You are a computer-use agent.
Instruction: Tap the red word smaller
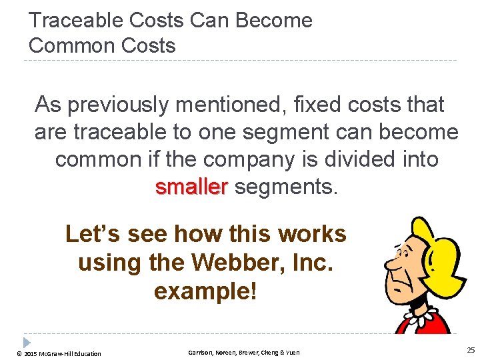pos(191,187)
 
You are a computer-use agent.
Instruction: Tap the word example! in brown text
pos(205,291)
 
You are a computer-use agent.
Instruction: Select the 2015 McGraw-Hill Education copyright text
pos(59,353)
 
